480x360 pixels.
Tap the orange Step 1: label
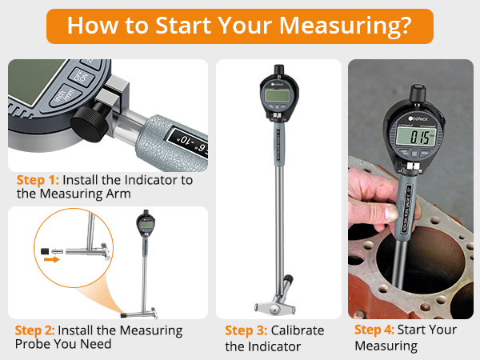tap(36, 180)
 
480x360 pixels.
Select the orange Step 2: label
tap(36, 330)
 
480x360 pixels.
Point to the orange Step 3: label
tap(246, 330)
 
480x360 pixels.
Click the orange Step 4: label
tap(375, 330)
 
